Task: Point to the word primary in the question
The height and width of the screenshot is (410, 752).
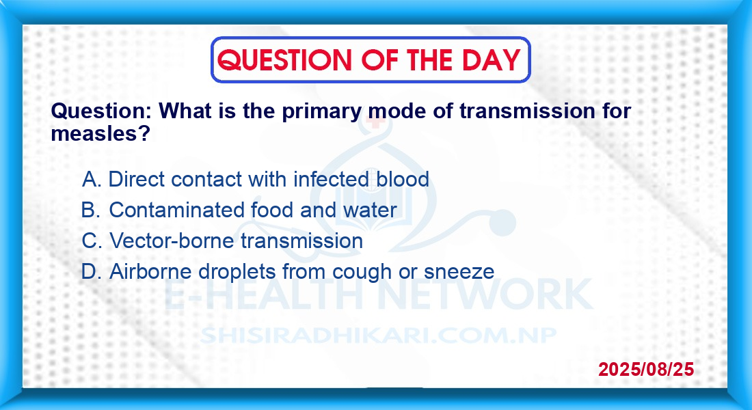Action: (322, 112)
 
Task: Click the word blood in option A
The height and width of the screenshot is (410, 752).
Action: (403, 179)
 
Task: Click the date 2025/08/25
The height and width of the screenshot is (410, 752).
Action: (646, 369)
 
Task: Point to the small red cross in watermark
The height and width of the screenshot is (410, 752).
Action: (375, 121)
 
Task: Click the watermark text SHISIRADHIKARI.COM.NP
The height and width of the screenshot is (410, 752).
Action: (378, 336)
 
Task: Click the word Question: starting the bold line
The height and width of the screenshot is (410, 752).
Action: (101, 112)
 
